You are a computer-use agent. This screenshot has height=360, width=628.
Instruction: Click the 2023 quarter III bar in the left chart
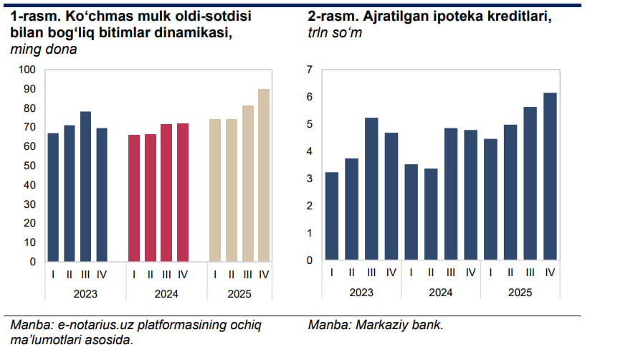[86, 186]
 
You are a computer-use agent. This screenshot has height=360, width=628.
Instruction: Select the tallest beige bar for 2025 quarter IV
[264, 175]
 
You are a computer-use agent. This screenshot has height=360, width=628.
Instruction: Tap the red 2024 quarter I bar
[134, 198]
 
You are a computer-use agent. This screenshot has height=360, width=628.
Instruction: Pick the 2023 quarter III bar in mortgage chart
[371, 189]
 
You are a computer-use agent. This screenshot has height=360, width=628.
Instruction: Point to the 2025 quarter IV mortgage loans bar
[551, 176]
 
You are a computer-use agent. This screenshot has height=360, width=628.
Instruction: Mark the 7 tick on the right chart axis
[310, 70]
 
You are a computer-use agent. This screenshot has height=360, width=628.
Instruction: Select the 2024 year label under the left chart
[166, 294]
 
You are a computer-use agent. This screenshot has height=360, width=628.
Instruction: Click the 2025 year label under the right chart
[520, 293]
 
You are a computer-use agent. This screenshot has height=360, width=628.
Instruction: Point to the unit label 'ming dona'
[44, 49]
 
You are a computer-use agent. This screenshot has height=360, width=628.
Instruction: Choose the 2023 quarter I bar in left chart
[53, 197]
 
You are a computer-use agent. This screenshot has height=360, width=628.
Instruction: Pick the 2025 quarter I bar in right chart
[491, 199]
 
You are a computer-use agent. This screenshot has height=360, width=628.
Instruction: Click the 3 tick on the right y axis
[310, 179]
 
